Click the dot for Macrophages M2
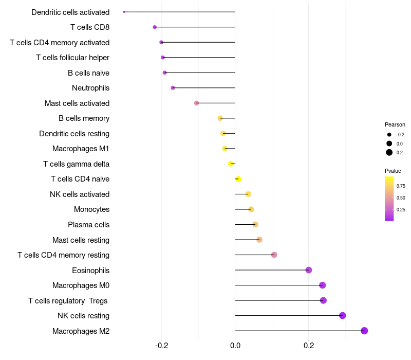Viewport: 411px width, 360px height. [364, 331]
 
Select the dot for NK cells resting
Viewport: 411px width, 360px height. [343, 316]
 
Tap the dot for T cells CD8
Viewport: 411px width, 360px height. [155, 27]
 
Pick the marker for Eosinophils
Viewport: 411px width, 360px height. [309, 270]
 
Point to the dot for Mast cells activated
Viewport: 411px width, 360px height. [196, 103]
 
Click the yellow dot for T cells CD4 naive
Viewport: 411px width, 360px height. [238, 179]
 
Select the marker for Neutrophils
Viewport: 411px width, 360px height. [173, 88]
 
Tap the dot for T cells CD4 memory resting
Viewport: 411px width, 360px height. [274, 255]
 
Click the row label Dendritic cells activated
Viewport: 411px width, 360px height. [70, 12]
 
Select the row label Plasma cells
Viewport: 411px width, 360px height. [88, 225]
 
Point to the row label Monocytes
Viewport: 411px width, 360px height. [91, 209]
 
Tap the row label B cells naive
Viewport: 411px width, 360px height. [88, 73]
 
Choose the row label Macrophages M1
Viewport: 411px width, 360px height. [81, 149]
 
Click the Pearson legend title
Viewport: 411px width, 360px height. [395, 124]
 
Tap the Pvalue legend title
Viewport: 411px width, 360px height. [393, 171]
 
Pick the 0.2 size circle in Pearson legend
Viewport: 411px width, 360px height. [389, 152]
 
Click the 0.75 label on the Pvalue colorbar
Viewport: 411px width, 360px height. [401, 186]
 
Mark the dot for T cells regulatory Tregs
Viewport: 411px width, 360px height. [323, 300]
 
